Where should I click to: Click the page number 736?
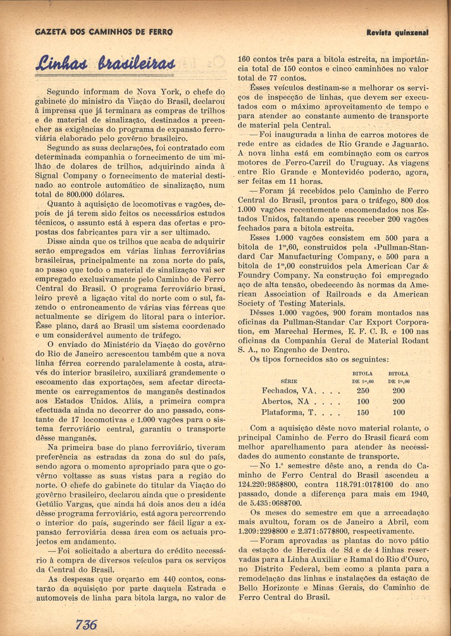87,624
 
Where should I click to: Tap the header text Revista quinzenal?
397,32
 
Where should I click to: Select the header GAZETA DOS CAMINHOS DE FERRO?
104,32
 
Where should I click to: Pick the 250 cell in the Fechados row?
363,391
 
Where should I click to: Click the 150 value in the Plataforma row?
363,412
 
